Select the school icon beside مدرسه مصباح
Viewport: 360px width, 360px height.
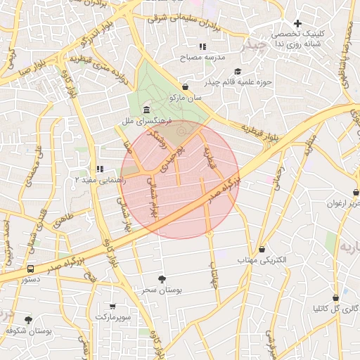tap(202, 47)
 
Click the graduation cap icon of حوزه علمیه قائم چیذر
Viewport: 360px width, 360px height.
tap(238, 72)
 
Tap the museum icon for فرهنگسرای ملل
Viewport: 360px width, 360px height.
tap(146, 110)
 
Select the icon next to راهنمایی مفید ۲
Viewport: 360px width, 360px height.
tap(99, 169)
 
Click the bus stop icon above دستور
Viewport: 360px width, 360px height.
tap(30, 269)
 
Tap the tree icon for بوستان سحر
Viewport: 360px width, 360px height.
tap(162, 278)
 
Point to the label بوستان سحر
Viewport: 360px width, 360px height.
tap(156, 290)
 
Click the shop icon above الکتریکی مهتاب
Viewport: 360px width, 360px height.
tap(262, 249)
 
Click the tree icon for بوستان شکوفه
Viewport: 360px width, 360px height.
tap(29, 320)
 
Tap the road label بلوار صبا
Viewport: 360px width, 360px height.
tap(32, 70)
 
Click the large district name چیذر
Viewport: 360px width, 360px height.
tap(251, 46)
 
